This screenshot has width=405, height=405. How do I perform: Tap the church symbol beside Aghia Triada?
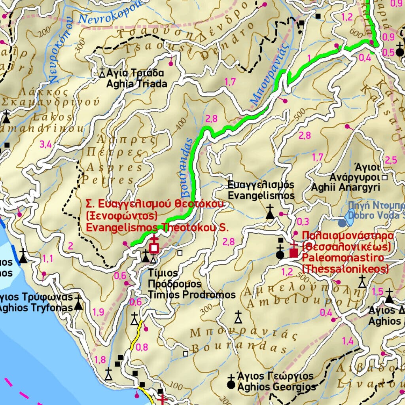(x=102, y=72)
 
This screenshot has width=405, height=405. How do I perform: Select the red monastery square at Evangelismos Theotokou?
(x=154, y=248)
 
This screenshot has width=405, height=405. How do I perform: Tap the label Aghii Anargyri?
(x=345, y=187)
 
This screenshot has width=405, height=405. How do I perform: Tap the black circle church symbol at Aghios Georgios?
(x=231, y=383)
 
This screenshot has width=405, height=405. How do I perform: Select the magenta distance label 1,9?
(x=98, y=312)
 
